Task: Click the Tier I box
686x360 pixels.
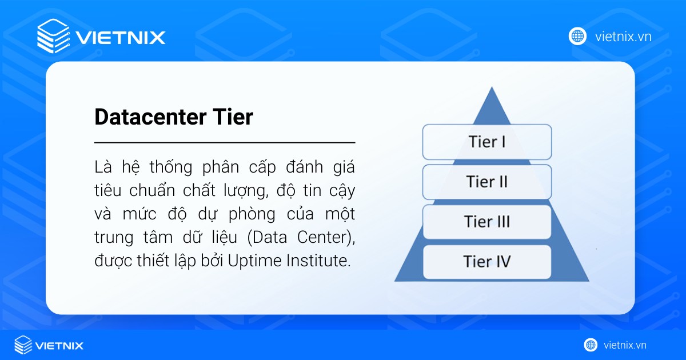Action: point(486,142)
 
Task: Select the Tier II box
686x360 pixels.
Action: point(486,182)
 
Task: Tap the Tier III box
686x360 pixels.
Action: point(486,222)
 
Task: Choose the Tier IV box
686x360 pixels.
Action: point(486,262)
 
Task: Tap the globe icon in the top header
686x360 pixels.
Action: point(577,36)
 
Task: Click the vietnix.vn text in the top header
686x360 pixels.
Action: point(623,37)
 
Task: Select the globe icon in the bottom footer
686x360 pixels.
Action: point(591,345)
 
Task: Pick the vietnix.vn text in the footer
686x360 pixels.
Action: point(625,345)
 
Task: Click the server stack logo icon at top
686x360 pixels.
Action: point(53,36)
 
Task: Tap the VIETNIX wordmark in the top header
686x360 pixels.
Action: point(121,38)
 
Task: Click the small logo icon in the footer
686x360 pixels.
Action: point(23,345)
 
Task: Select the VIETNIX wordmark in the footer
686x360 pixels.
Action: point(59,346)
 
